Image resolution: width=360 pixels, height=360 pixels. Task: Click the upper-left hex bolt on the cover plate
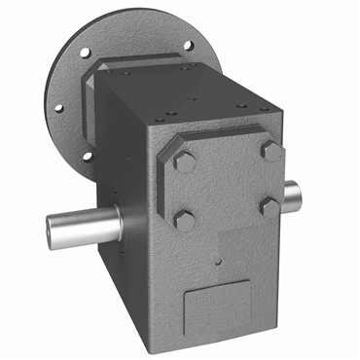point(184,162)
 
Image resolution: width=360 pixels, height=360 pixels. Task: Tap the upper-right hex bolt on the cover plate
point(270,152)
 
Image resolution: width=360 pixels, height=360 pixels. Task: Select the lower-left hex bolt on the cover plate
point(184,219)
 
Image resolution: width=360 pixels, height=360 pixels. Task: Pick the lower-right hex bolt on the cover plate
point(269,206)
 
